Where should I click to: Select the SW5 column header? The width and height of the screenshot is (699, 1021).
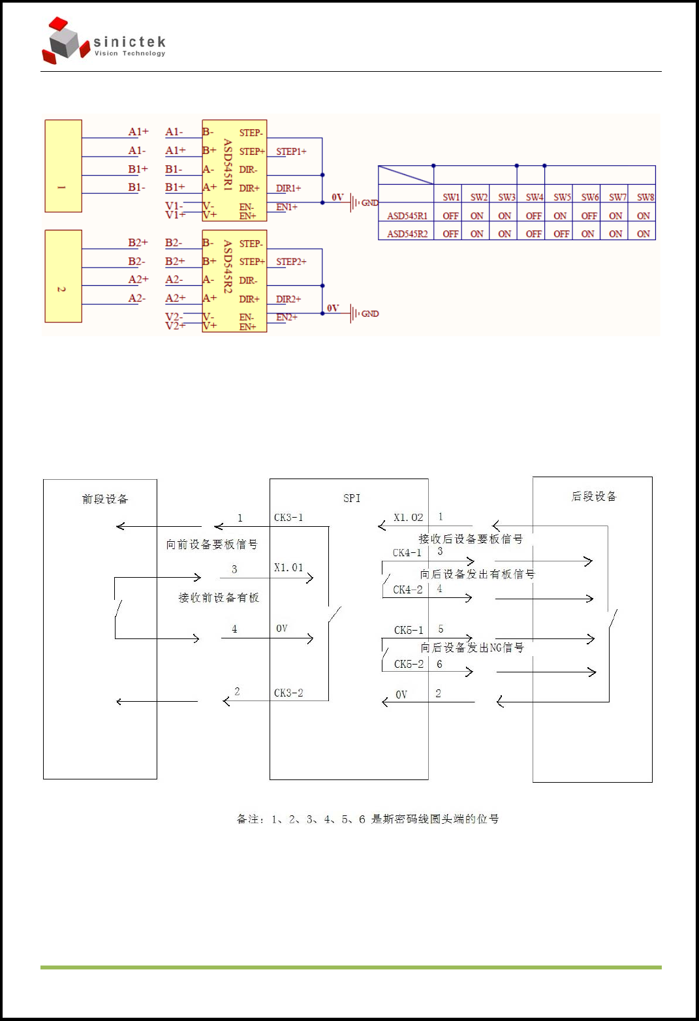[x=562, y=197]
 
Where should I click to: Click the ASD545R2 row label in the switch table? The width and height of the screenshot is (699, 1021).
[x=407, y=234]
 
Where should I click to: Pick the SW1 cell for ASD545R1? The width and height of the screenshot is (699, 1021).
[x=450, y=216]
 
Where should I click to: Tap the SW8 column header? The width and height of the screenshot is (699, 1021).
[x=645, y=197]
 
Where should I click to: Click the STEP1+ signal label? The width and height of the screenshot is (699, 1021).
[x=291, y=151]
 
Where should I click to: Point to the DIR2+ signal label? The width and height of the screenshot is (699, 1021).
[x=288, y=299]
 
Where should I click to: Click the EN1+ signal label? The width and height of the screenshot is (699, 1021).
[x=287, y=207]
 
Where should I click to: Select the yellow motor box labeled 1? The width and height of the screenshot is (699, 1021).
[x=63, y=166]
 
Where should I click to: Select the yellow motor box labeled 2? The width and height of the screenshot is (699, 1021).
[x=63, y=276]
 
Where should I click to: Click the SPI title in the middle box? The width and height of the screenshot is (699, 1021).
[x=352, y=498]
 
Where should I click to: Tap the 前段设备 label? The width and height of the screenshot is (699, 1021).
[x=105, y=499]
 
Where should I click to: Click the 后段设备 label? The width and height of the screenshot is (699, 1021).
[x=593, y=497]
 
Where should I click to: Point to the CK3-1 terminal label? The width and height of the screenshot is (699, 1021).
[x=288, y=518]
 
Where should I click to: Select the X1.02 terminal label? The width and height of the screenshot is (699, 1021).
[x=409, y=518]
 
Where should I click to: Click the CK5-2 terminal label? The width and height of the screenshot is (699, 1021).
[x=409, y=664]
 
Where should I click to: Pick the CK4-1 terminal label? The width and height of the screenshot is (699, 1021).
[x=407, y=553]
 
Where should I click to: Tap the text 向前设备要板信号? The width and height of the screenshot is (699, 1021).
[x=211, y=544]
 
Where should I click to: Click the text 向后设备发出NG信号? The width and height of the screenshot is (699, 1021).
[x=472, y=648]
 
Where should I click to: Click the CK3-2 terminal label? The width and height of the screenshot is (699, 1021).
[x=288, y=693]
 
